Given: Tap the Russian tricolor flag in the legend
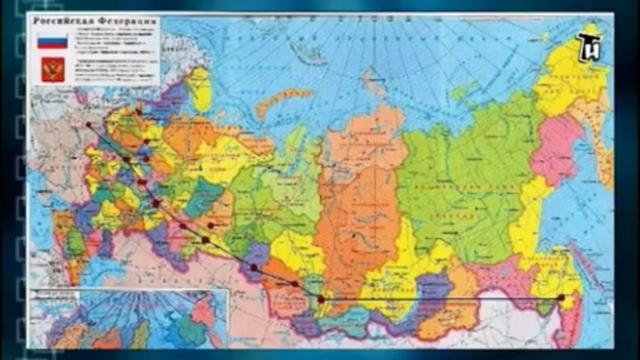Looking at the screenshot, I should click(52, 40).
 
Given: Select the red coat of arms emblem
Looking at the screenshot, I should click(53, 69).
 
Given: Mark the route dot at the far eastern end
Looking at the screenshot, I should click(561, 297).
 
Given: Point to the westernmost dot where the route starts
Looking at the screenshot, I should click(89, 124).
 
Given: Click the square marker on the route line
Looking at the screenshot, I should click(205, 240).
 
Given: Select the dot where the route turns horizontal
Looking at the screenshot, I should click(321, 299).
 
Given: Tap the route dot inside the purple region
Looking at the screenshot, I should click(254, 267).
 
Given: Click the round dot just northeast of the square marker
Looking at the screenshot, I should click(211, 225).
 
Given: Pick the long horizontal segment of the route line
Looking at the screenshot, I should click(440, 299).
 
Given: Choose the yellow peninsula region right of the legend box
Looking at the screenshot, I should click(199, 88).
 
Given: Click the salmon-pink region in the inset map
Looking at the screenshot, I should click(203, 312).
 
